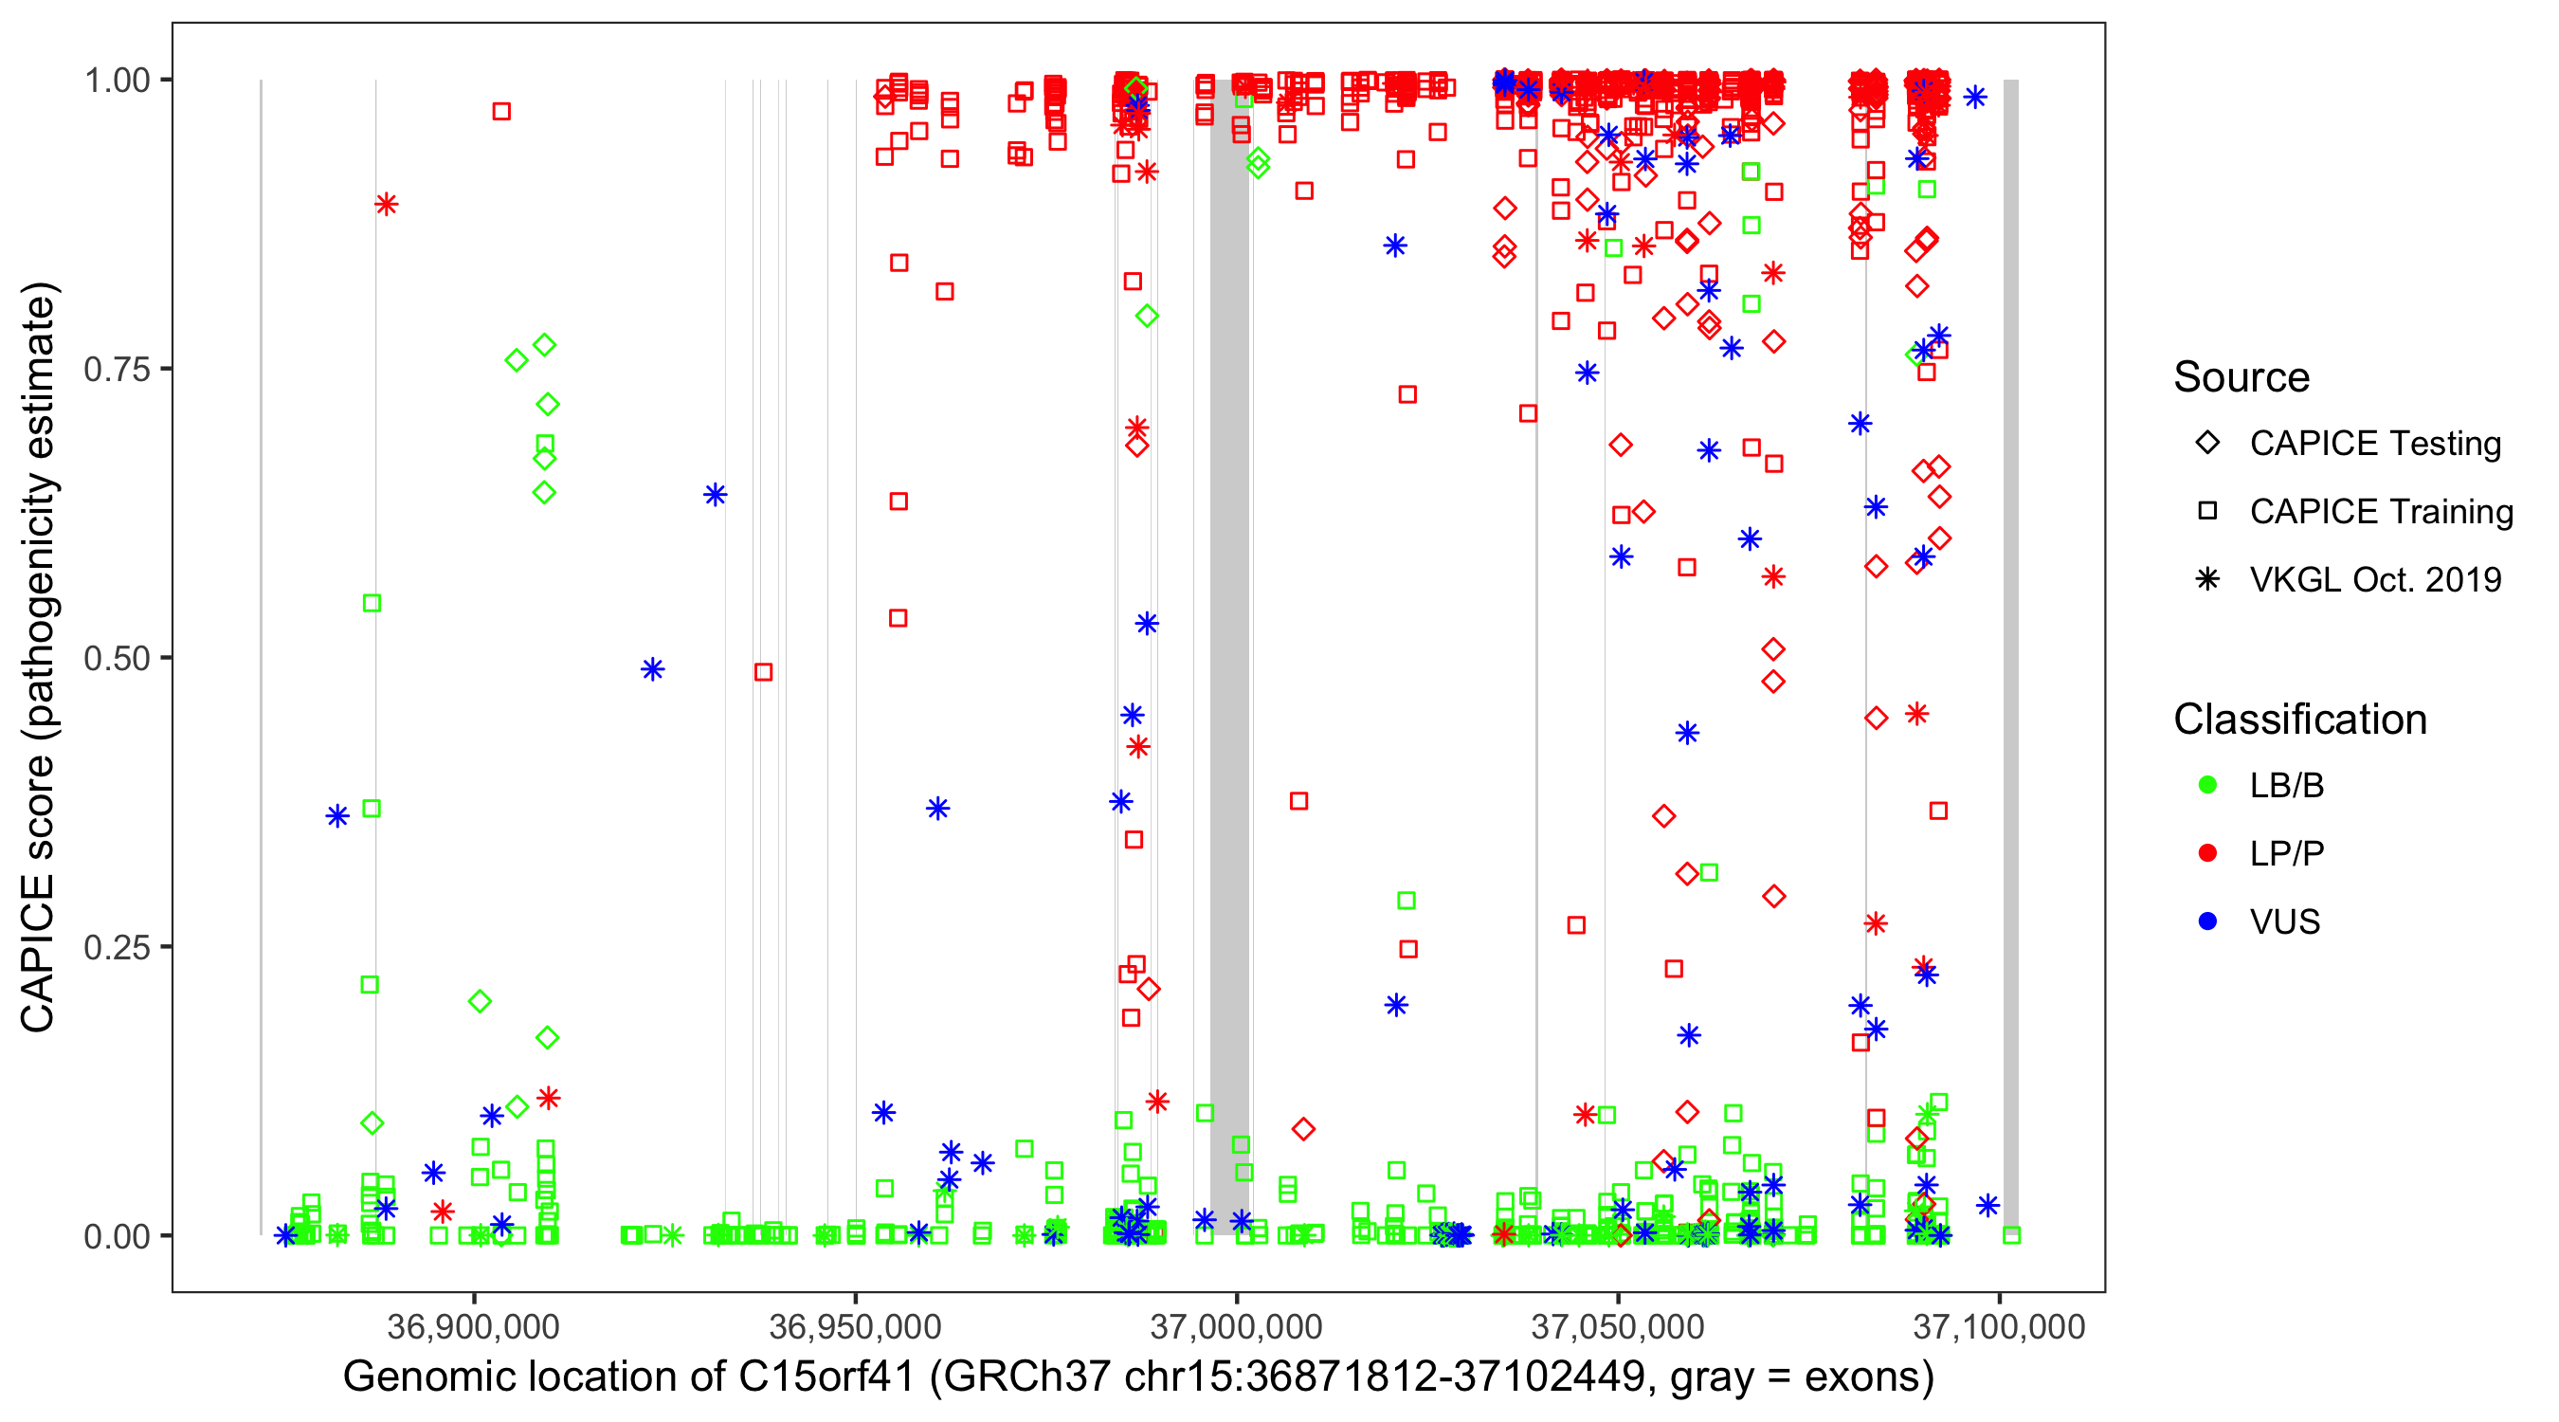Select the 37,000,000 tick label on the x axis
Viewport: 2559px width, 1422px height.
pyautogui.click(x=1236, y=1325)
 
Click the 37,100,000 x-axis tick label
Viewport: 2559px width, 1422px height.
pyautogui.click(x=1999, y=1325)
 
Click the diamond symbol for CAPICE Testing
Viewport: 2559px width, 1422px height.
pyautogui.click(x=2207, y=444)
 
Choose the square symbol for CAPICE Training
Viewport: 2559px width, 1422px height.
pyautogui.click(x=2207, y=512)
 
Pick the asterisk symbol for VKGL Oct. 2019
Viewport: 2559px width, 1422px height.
pyautogui.click(x=2207, y=579)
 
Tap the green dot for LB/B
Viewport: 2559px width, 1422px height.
pyautogui.click(x=2207, y=785)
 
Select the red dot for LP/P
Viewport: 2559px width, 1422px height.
pyautogui.click(x=2207, y=853)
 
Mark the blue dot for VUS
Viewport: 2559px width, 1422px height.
pyautogui.click(x=2207, y=921)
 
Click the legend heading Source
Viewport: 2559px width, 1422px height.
pyautogui.click(x=2241, y=377)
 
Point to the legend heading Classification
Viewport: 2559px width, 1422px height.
pyautogui.click(x=2299, y=720)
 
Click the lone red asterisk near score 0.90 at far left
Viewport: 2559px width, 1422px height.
pyautogui.click(x=387, y=205)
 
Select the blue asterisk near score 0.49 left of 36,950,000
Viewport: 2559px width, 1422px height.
pyautogui.click(x=653, y=669)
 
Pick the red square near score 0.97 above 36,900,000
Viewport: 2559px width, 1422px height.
pyautogui.click(x=501, y=111)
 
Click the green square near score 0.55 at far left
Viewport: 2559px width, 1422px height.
pyautogui.click(x=372, y=603)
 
